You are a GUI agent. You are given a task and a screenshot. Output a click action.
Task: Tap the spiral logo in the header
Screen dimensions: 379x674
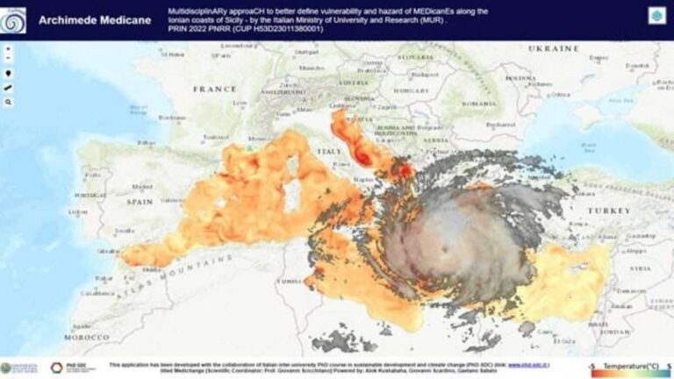(13, 19)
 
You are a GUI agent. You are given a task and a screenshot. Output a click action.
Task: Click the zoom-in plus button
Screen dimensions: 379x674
(9, 49)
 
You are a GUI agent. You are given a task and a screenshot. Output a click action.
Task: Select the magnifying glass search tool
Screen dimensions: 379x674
(9, 102)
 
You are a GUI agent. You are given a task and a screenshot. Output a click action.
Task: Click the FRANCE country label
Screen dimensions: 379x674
(214, 89)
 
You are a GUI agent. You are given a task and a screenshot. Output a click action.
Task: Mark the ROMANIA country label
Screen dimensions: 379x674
(479, 104)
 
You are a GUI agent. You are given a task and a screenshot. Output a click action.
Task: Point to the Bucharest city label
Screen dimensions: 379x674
(504, 125)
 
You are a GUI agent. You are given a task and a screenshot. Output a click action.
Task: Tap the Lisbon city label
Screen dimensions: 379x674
(78, 211)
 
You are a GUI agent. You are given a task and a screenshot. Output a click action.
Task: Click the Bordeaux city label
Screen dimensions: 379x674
(172, 117)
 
